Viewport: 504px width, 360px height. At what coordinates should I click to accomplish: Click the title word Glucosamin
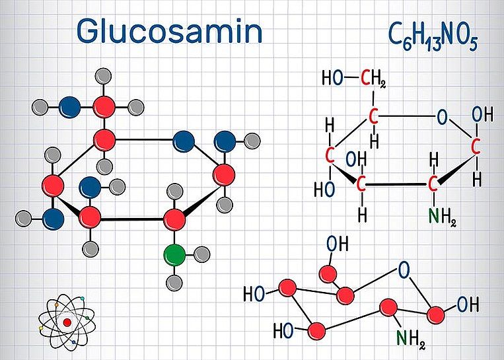[169, 31]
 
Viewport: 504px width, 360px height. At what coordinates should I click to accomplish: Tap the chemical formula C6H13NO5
[433, 36]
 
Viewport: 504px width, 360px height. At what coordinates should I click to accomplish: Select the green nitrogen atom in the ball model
[174, 255]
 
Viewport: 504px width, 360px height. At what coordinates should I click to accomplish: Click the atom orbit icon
[67, 322]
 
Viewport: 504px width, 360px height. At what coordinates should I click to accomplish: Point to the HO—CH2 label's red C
[365, 78]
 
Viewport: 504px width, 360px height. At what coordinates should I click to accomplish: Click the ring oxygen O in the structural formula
[443, 118]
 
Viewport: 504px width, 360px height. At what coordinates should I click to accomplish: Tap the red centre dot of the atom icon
[67, 322]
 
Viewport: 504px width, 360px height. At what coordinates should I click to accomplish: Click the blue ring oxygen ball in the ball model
[184, 141]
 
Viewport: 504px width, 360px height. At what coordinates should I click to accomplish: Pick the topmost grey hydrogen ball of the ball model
[104, 76]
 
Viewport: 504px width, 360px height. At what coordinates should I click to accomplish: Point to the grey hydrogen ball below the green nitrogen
[174, 283]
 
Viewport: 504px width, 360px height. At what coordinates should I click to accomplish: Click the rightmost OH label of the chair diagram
[468, 305]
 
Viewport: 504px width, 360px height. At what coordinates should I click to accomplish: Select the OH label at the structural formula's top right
[482, 115]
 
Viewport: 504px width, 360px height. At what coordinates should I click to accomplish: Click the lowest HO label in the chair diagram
[283, 330]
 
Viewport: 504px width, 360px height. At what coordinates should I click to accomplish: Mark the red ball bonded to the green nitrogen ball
[174, 220]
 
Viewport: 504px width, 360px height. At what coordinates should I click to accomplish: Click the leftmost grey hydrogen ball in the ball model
[24, 219]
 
